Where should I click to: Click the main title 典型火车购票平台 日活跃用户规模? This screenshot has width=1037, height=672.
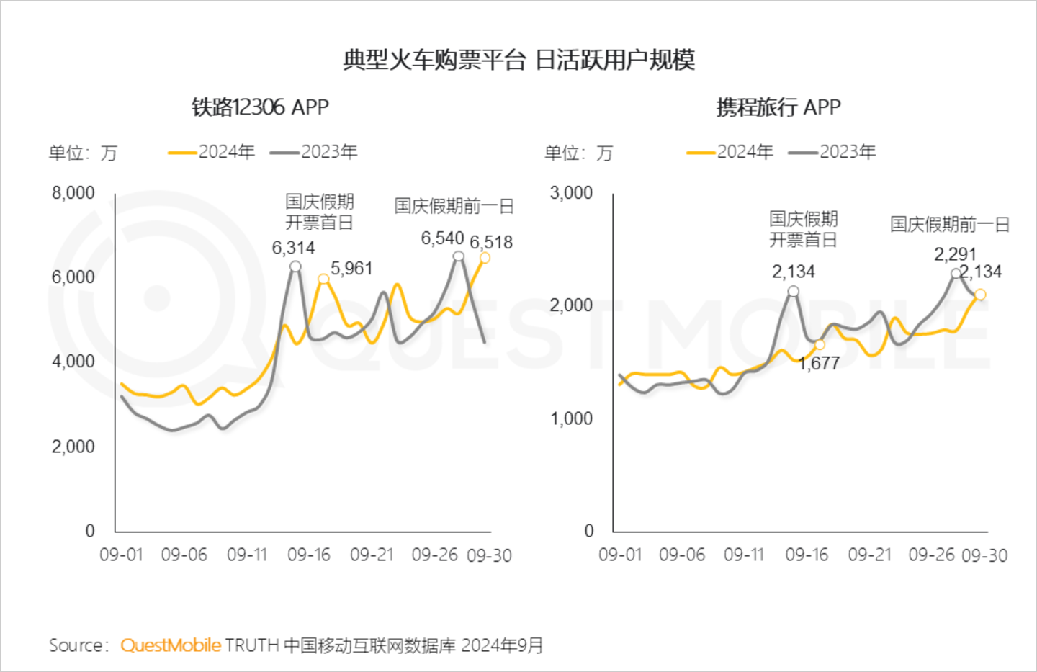[x=518, y=60]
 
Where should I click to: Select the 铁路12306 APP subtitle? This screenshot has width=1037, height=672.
[x=260, y=107]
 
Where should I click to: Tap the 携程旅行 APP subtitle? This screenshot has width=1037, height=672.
[x=778, y=107]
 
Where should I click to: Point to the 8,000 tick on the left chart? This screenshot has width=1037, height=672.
[x=73, y=193]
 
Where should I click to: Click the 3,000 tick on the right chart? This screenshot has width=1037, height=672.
[x=571, y=193]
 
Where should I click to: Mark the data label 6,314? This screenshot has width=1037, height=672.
[x=293, y=248]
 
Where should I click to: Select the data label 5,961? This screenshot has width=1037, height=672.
[x=351, y=269]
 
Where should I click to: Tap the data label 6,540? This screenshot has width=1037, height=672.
[x=442, y=238]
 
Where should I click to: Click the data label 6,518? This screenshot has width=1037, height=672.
[x=491, y=243]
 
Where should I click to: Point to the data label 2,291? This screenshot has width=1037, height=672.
[x=955, y=254]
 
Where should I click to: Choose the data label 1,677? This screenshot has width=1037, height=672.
[x=819, y=364]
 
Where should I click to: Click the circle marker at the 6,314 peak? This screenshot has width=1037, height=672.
[x=295, y=266]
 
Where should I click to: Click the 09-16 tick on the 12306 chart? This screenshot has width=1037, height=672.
[x=309, y=555]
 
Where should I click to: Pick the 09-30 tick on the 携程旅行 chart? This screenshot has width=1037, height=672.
[x=984, y=555]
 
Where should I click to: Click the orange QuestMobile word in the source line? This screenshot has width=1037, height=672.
[x=171, y=645]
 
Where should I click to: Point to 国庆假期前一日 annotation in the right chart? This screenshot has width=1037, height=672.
[x=950, y=224]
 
